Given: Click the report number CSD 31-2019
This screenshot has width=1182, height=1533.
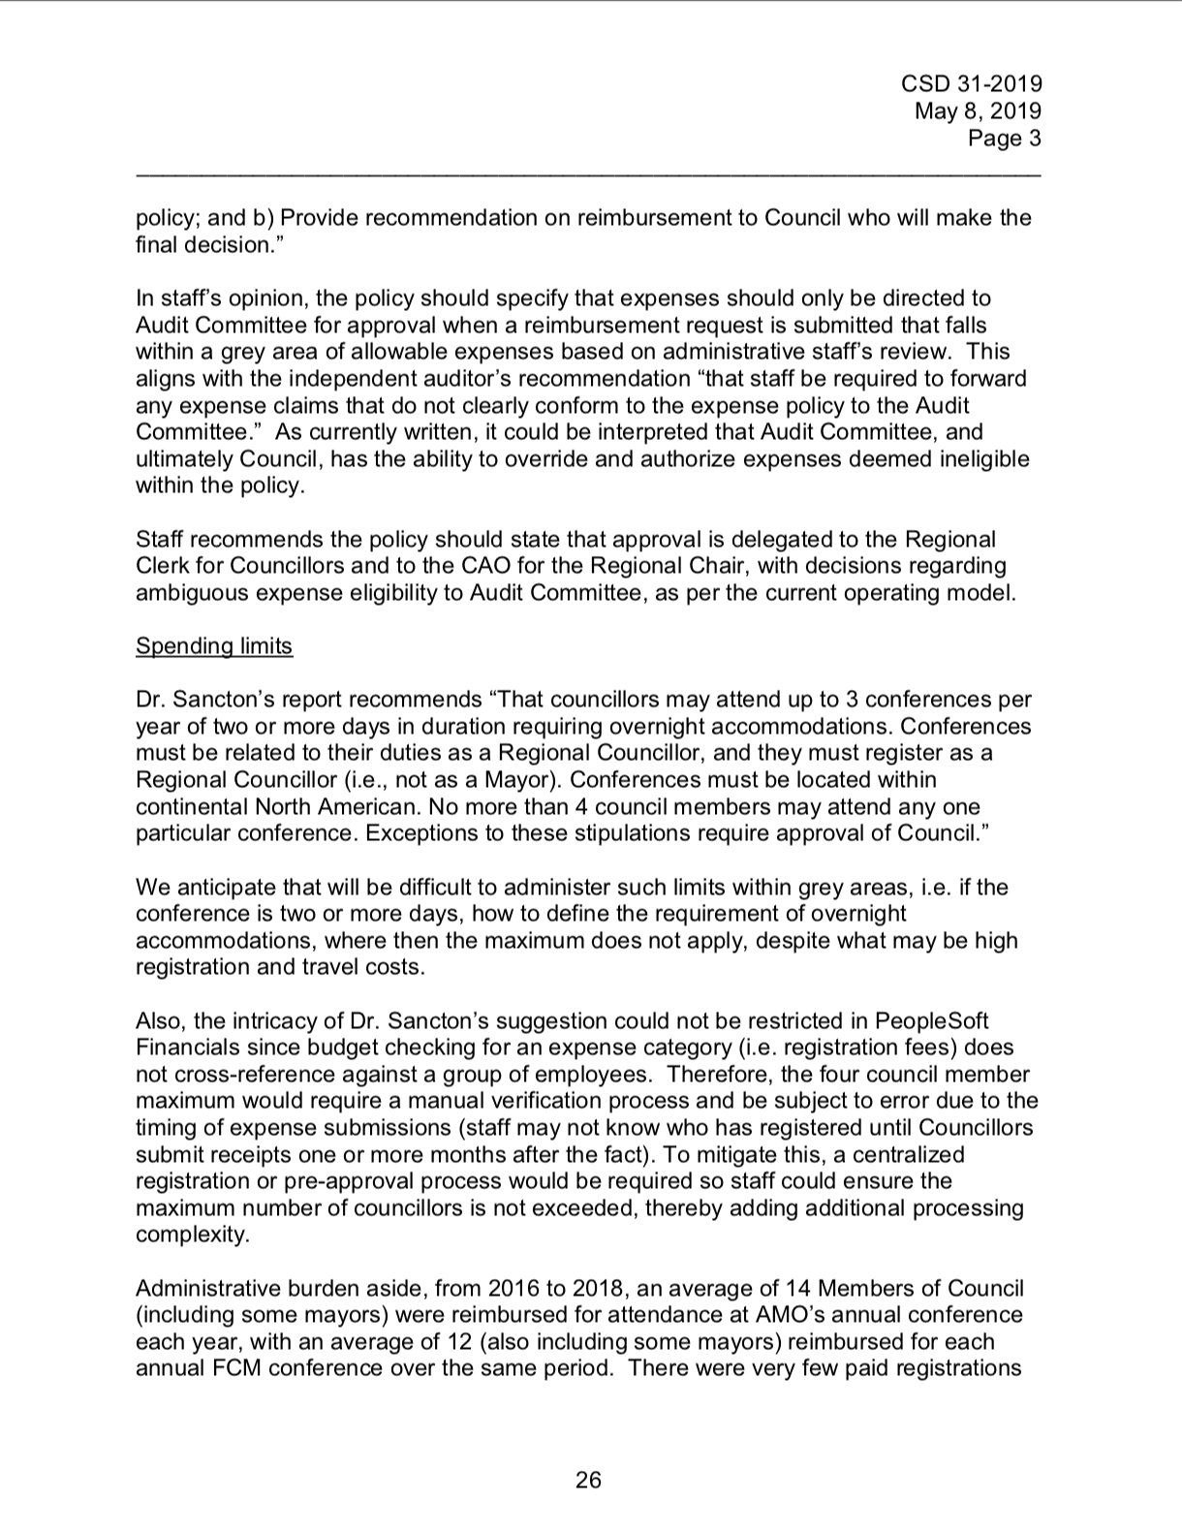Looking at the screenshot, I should pos(972,84).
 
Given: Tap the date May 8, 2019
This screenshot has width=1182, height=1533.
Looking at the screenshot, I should pos(978,111).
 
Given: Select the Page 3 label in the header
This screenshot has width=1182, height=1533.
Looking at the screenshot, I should pos(1005,139).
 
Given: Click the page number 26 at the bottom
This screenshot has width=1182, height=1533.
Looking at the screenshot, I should pos(588,1480).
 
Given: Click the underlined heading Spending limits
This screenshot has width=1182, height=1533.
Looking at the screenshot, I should pos(214,646).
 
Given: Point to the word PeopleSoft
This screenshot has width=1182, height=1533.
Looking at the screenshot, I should pos(932,1021).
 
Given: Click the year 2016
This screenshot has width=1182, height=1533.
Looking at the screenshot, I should pos(514,1289).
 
